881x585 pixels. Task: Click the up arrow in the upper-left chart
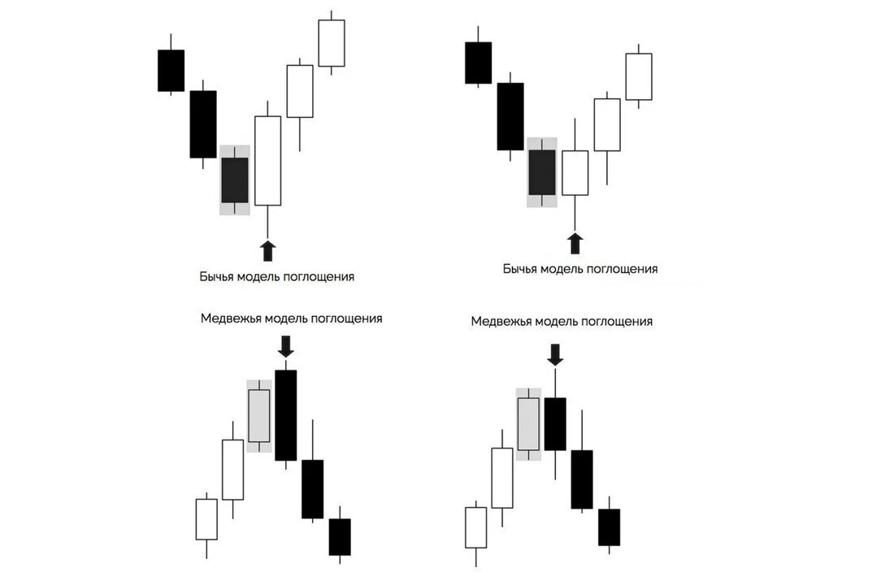(x=267, y=250)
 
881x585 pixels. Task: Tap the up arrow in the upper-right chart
(x=575, y=243)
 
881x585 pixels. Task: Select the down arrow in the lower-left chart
(x=285, y=349)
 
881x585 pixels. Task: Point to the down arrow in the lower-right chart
(x=555, y=353)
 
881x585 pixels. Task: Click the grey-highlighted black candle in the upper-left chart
(x=235, y=180)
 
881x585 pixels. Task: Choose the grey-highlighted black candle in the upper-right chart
(x=542, y=172)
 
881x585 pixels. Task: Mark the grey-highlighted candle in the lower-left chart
(x=259, y=416)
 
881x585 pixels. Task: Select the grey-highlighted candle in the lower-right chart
(x=528, y=423)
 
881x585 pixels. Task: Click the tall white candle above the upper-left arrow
(x=267, y=161)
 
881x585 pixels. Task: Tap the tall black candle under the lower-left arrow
(x=285, y=415)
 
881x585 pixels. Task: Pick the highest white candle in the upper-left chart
(x=331, y=43)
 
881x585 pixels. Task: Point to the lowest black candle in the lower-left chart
(x=340, y=537)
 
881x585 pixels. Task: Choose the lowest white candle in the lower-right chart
(x=475, y=527)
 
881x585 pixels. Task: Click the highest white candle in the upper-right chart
(x=638, y=76)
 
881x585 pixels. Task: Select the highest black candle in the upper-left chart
(x=171, y=71)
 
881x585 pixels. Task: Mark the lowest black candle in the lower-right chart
(x=609, y=527)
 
